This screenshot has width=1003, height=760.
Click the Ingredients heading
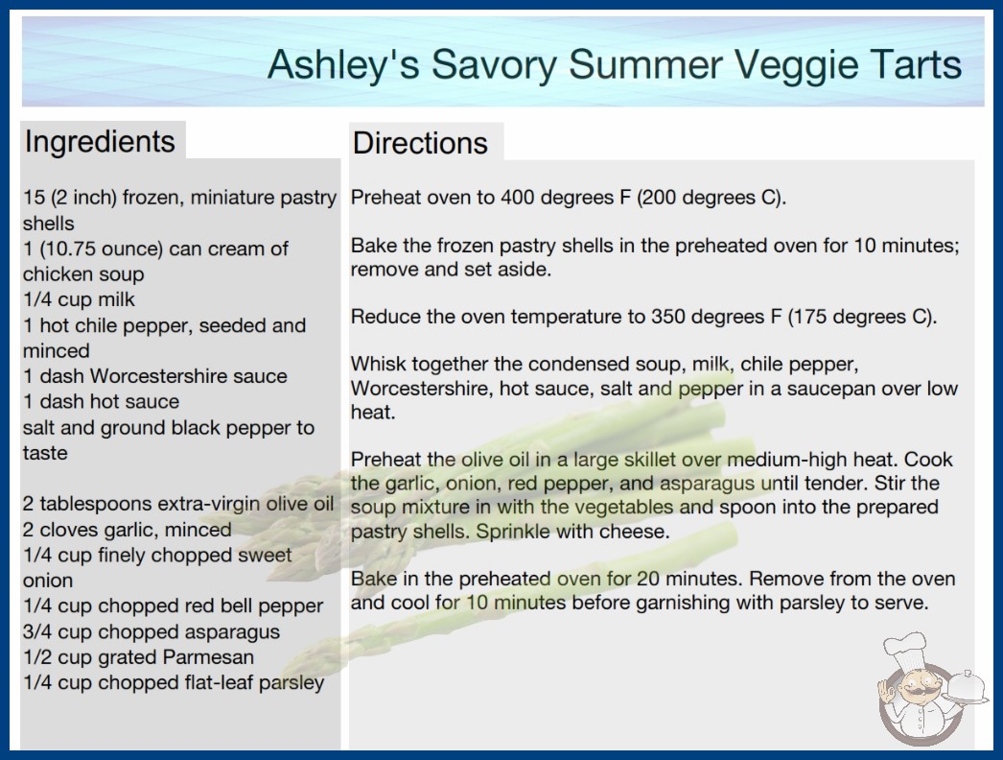click(99, 142)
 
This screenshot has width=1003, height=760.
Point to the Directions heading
click(420, 143)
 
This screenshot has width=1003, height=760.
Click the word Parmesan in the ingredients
click(208, 657)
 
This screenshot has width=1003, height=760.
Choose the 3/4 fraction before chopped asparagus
click(37, 632)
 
